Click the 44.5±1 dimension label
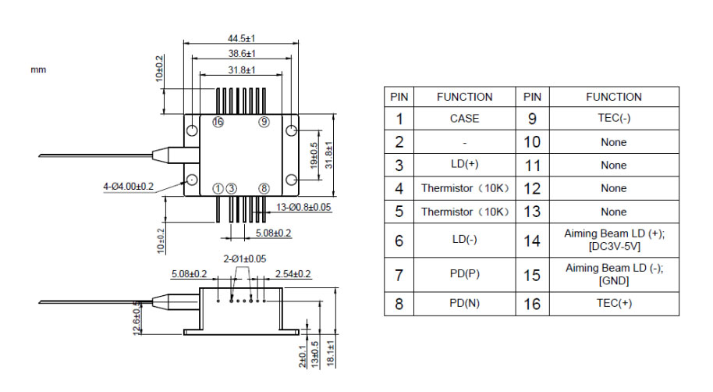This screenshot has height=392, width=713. (x=243, y=37)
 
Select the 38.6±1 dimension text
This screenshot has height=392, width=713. (x=243, y=54)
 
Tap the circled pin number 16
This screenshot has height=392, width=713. (x=218, y=122)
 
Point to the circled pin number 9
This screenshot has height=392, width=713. (x=264, y=122)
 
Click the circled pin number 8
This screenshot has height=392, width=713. (x=264, y=188)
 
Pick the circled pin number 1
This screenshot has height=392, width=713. (x=218, y=188)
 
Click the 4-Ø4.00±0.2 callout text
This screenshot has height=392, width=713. (x=129, y=187)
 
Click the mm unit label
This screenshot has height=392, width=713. (x=38, y=69)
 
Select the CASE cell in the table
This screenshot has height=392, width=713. (x=464, y=119)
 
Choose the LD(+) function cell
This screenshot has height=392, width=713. (x=464, y=166)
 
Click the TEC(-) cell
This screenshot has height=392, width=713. (x=613, y=119)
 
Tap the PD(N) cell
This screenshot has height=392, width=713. (x=464, y=303)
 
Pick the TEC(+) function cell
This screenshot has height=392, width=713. (x=613, y=303)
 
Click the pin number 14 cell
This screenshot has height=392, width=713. (x=531, y=241)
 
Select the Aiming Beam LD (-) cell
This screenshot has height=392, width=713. (x=613, y=273)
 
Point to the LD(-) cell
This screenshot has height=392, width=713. (x=464, y=241)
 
